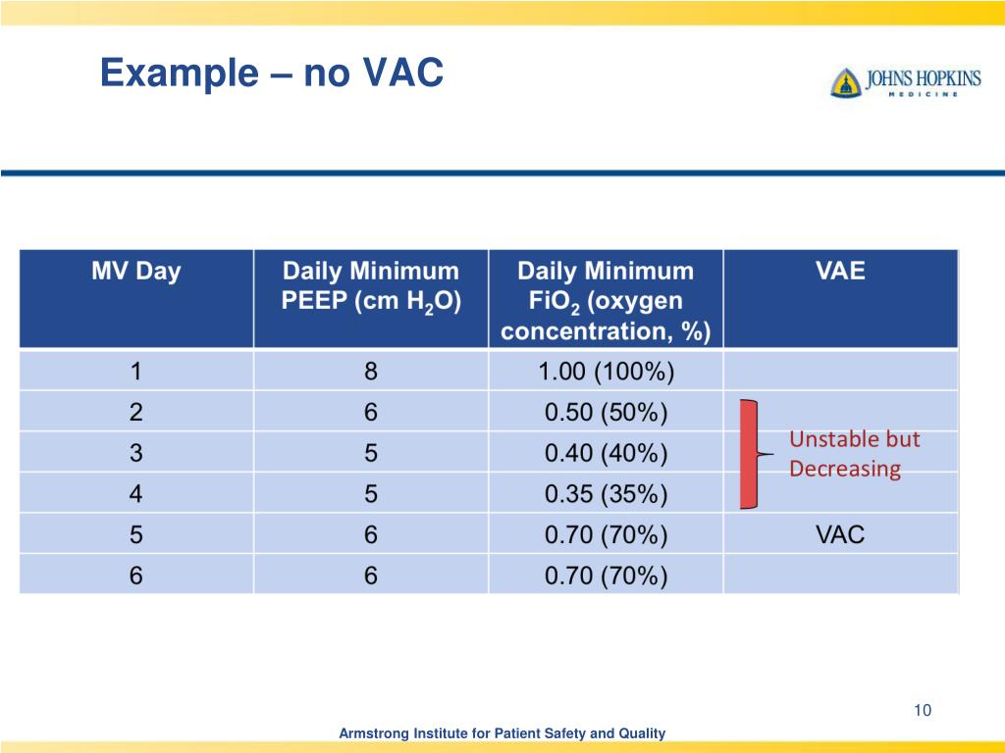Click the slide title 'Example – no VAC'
pyautogui.click(x=272, y=74)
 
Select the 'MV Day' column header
pyautogui.click(x=136, y=272)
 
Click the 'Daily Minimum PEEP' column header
pyautogui.click(x=370, y=286)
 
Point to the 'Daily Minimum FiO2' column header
pyautogui.click(x=606, y=300)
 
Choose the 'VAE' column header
pyautogui.click(x=840, y=272)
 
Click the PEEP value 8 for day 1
pyautogui.click(x=370, y=373)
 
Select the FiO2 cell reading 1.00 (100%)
pyautogui.click(x=606, y=373)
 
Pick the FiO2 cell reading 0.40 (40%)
pyautogui.click(x=606, y=454)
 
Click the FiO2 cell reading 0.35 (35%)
pyautogui.click(x=606, y=494)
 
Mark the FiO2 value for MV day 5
pyautogui.click(x=606, y=535)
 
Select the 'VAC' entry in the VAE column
pyautogui.click(x=840, y=535)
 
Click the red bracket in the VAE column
pyautogui.click(x=750, y=454)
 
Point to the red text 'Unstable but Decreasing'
pyautogui.click(x=854, y=454)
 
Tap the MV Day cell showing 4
pyautogui.click(x=136, y=494)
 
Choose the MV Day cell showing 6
pyautogui.click(x=136, y=576)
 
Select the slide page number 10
pyautogui.click(x=921, y=711)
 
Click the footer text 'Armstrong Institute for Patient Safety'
pyautogui.click(x=502, y=733)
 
